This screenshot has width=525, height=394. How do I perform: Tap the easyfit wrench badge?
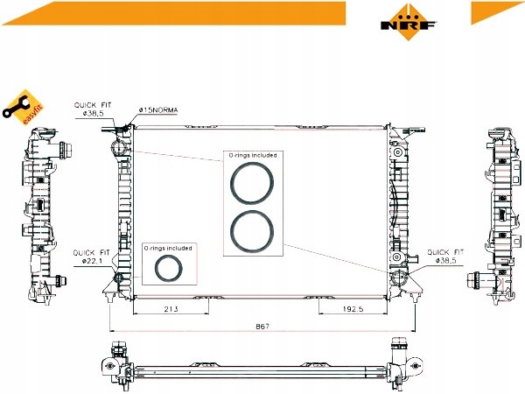(x=23, y=107)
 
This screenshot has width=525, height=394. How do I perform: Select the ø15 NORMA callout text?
(x=158, y=110)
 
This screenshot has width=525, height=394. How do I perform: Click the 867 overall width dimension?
(x=262, y=326)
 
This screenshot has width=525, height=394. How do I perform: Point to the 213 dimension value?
(x=171, y=308)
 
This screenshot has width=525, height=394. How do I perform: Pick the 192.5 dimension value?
(x=353, y=308)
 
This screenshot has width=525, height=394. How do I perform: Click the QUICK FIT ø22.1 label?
(x=91, y=257)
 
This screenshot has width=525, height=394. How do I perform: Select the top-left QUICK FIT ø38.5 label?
(x=93, y=109)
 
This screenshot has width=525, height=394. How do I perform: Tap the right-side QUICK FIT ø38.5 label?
(x=445, y=256)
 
